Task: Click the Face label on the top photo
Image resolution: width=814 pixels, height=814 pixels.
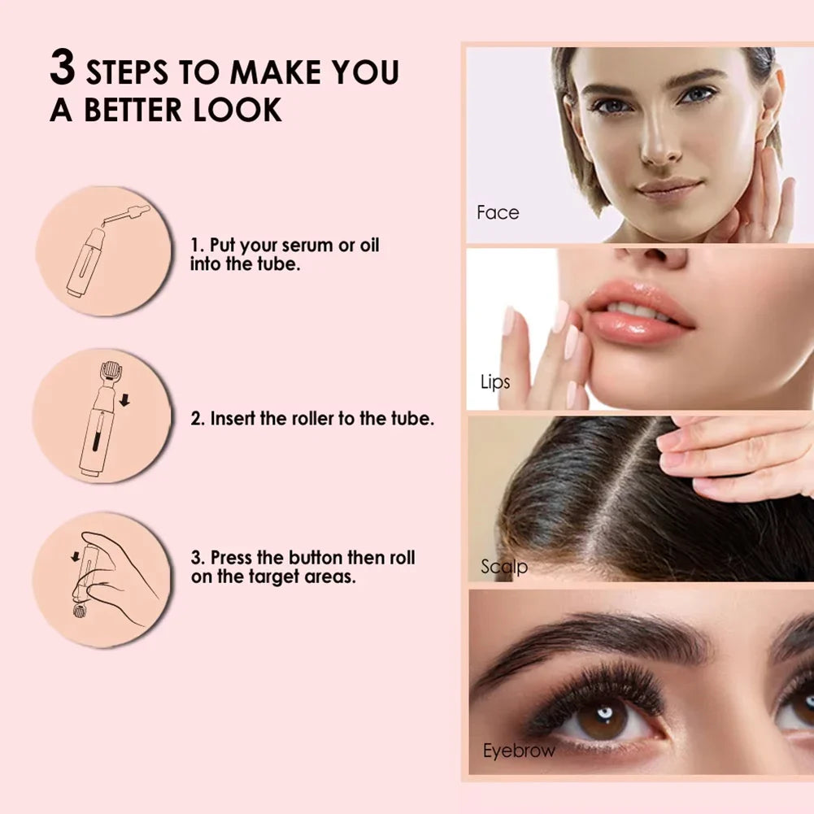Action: (498, 213)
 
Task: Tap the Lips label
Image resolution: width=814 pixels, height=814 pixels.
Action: (494, 382)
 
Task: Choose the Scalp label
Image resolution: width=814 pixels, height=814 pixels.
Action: (503, 567)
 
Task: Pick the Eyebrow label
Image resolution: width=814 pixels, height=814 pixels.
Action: (518, 751)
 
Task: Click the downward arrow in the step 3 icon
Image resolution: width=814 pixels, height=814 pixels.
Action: (76, 558)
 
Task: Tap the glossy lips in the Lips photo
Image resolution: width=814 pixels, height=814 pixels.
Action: (638, 313)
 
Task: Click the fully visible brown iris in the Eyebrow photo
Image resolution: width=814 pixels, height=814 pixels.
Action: (603, 717)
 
